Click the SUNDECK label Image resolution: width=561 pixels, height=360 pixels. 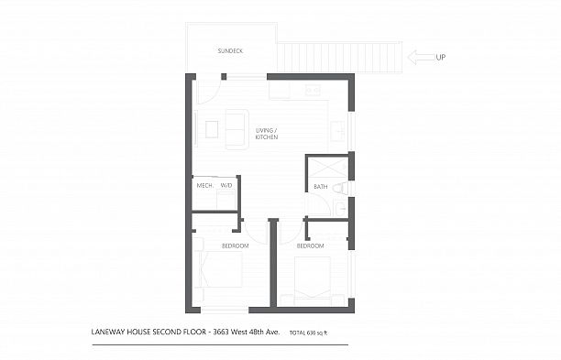pos(230,50)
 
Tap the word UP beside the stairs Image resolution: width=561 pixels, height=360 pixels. pos(441,57)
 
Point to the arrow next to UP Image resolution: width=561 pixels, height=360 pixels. pos(420,57)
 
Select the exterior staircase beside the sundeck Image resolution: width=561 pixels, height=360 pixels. pos(340,57)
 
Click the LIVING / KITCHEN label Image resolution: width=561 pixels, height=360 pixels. pos(267,134)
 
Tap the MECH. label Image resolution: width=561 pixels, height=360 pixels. pos(204,186)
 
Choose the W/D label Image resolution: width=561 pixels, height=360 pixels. pos(226,186)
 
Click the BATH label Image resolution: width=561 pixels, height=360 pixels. pos(320,187)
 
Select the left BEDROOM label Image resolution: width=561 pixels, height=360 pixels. pos(235,245)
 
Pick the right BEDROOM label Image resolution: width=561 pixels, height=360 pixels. pos(310,245)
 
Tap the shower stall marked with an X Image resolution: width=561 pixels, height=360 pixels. pos(327,168)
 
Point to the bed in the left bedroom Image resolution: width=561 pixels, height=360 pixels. pos(221,273)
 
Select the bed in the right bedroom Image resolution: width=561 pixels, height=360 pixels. pos(311,278)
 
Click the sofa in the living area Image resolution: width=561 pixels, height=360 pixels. pos(236,128)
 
